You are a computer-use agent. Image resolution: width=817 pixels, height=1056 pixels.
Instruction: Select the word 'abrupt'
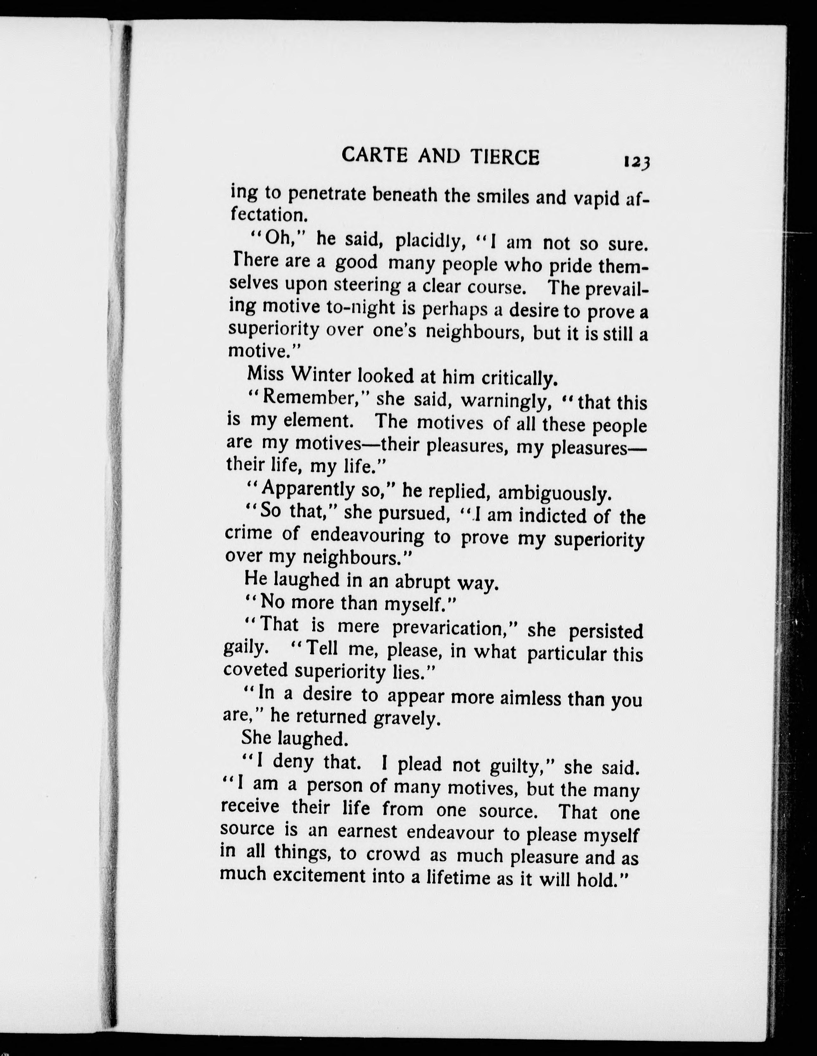coord(423,582)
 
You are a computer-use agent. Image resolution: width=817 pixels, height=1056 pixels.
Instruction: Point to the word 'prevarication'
coord(454,628)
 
